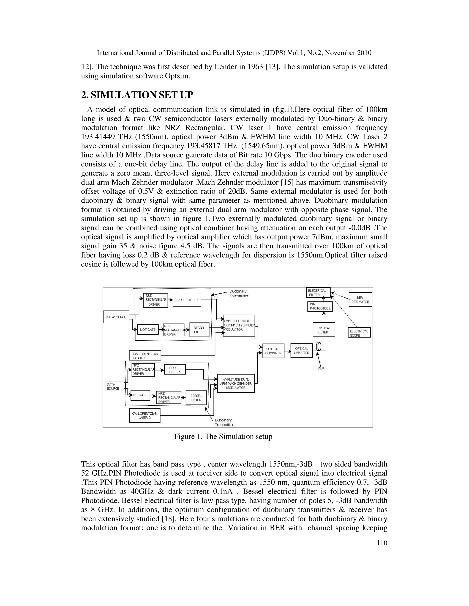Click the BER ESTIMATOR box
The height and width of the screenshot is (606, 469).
pos(360,299)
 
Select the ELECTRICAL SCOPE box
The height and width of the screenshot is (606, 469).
pos(359,332)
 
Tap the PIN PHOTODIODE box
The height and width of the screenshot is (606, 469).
pos(320,306)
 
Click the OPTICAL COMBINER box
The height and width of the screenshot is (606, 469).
pos(273,351)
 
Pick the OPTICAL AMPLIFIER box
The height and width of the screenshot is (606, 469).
pos(301,351)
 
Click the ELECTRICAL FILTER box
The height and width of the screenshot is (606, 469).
pos(318,292)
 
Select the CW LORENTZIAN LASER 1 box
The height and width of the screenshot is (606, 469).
pos(145,355)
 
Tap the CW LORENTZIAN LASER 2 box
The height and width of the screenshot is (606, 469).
pos(145,415)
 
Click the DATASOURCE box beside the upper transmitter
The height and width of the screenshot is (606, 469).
pos(116,317)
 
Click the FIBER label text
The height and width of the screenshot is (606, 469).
pos(319,368)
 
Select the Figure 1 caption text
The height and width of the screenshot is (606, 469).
pos(223,437)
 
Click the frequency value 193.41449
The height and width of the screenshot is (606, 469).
pos(98,137)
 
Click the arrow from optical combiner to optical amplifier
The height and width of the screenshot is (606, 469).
pos(288,351)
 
